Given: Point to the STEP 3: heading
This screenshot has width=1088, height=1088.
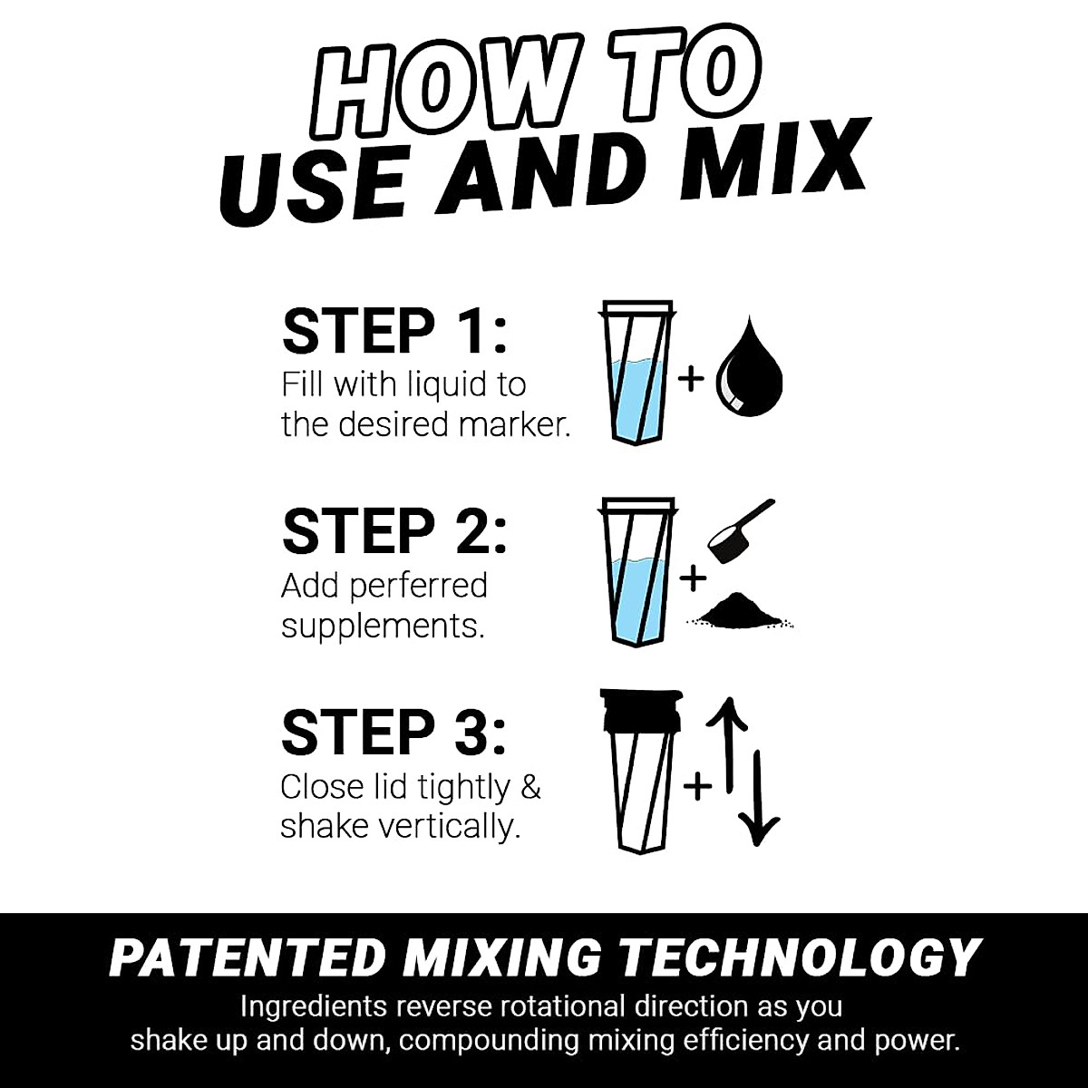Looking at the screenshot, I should (x=394, y=733).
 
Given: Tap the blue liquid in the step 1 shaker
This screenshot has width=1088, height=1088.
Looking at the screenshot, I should (x=638, y=399).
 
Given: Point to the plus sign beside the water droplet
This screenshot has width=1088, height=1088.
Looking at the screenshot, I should (x=691, y=377).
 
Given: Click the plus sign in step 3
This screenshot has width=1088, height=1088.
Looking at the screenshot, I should (x=696, y=786).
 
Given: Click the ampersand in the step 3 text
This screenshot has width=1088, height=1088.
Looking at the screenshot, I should (x=530, y=787).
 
